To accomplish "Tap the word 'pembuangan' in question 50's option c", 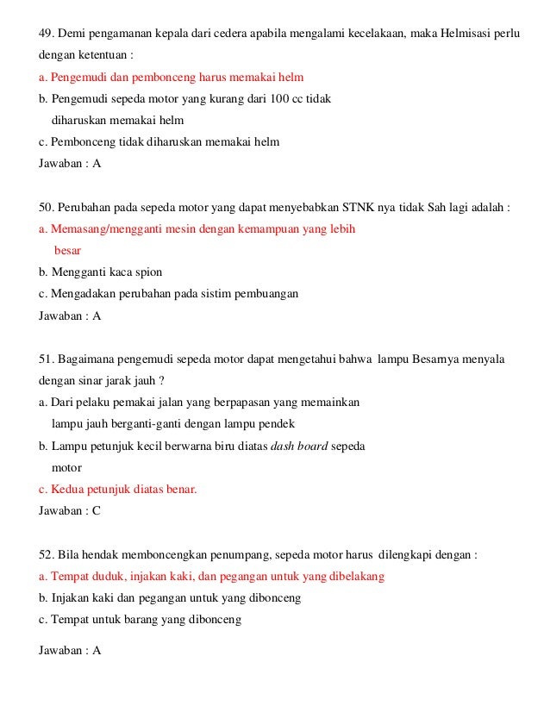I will coord(271,294).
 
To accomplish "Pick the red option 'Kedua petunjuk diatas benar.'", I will coord(118,490).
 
